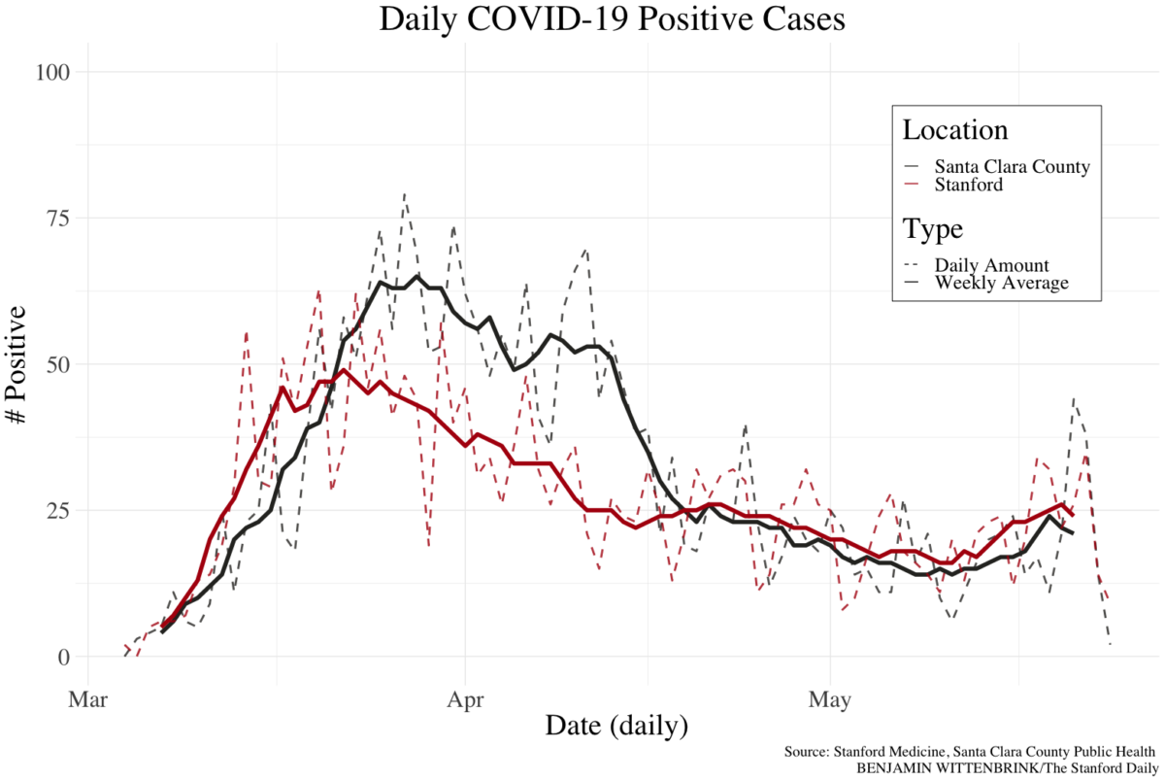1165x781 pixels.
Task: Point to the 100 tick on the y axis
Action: (53, 72)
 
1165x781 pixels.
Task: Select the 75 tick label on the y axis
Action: (58, 218)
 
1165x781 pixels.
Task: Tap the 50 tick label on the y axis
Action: (58, 364)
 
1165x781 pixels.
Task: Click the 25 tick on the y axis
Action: (58, 510)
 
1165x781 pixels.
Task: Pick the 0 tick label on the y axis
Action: (64, 657)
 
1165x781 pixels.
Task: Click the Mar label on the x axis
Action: (88, 699)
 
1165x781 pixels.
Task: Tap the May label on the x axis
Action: (831, 699)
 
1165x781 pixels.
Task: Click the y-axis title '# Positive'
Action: (17, 365)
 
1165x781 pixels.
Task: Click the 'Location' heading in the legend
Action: (954, 130)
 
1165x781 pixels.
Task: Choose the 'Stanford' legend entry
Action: (968, 184)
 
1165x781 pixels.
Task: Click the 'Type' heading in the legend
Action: (932, 229)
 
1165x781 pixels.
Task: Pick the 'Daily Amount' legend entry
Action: (991, 265)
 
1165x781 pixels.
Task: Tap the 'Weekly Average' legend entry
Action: (1001, 283)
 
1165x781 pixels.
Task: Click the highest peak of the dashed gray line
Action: (404, 193)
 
